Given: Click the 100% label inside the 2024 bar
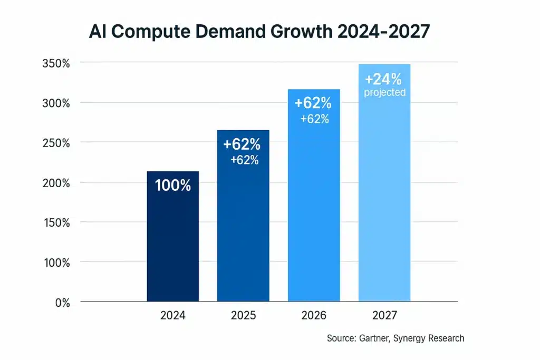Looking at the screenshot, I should point(172,186).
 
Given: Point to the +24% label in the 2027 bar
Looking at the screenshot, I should point(383,79).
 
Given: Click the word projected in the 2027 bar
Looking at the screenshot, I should point(385,93).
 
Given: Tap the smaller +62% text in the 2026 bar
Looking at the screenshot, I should point(315,119).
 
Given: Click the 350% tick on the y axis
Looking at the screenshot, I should point(56,63).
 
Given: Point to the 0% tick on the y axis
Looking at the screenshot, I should point(62,303).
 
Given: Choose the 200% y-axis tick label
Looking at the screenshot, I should point(56,183).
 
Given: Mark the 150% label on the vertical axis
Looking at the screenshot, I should point(56,222).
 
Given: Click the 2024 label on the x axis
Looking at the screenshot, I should point(172,316).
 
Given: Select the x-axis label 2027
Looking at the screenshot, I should point(384,316).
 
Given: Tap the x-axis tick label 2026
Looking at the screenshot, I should point(314,316).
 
